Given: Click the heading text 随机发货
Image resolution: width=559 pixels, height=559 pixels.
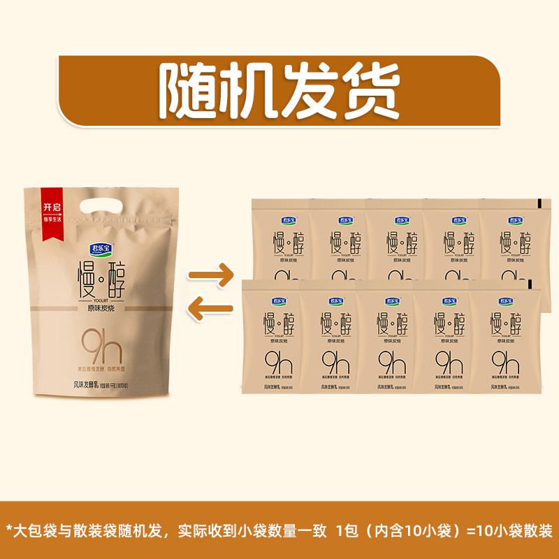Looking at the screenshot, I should tap(279, 92).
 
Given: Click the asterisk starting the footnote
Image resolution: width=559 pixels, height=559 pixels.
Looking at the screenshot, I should tap(10, 530).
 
